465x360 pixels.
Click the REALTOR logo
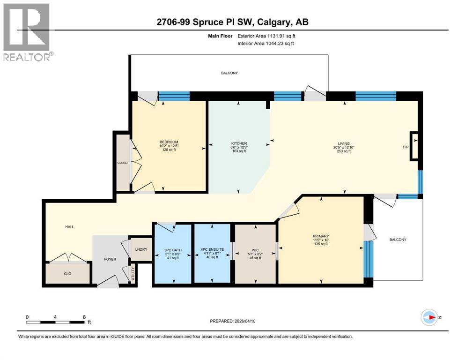pos(27,31)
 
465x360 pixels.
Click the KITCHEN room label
pos(239,143)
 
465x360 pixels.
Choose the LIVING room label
pos(345,143)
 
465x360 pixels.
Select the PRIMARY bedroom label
pos(321,236)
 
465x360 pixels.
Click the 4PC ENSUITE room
pos(213,249)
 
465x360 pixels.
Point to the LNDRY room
pos(140,249)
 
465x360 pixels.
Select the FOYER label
pos(110,259)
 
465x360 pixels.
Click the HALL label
pos(69,227)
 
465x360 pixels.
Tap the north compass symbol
pos(430,317)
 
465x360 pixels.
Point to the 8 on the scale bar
pos(84,317)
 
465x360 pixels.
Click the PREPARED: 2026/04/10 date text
pos(232,321)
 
